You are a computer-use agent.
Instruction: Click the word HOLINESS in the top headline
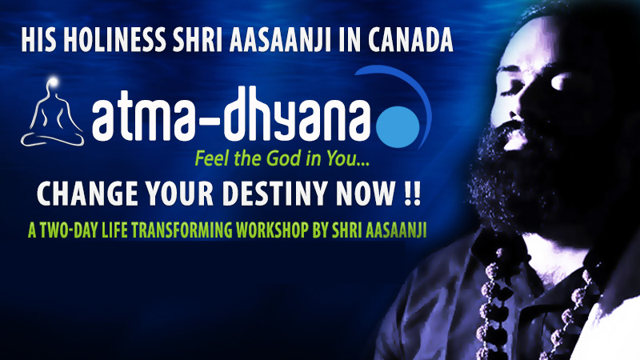pos(114,41)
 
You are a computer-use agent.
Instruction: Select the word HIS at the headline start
pos(38,41)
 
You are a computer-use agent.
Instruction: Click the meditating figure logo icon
pos(52,112)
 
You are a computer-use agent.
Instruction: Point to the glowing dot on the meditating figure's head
pos(53,82)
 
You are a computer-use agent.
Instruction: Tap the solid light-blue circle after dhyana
pos(397,127)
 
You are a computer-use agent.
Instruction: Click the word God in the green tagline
pos(281,158)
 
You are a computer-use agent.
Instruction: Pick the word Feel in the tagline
pos(212,158)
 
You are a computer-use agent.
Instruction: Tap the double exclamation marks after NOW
pos(411,193)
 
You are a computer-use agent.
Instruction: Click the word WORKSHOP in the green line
pos(271,230)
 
